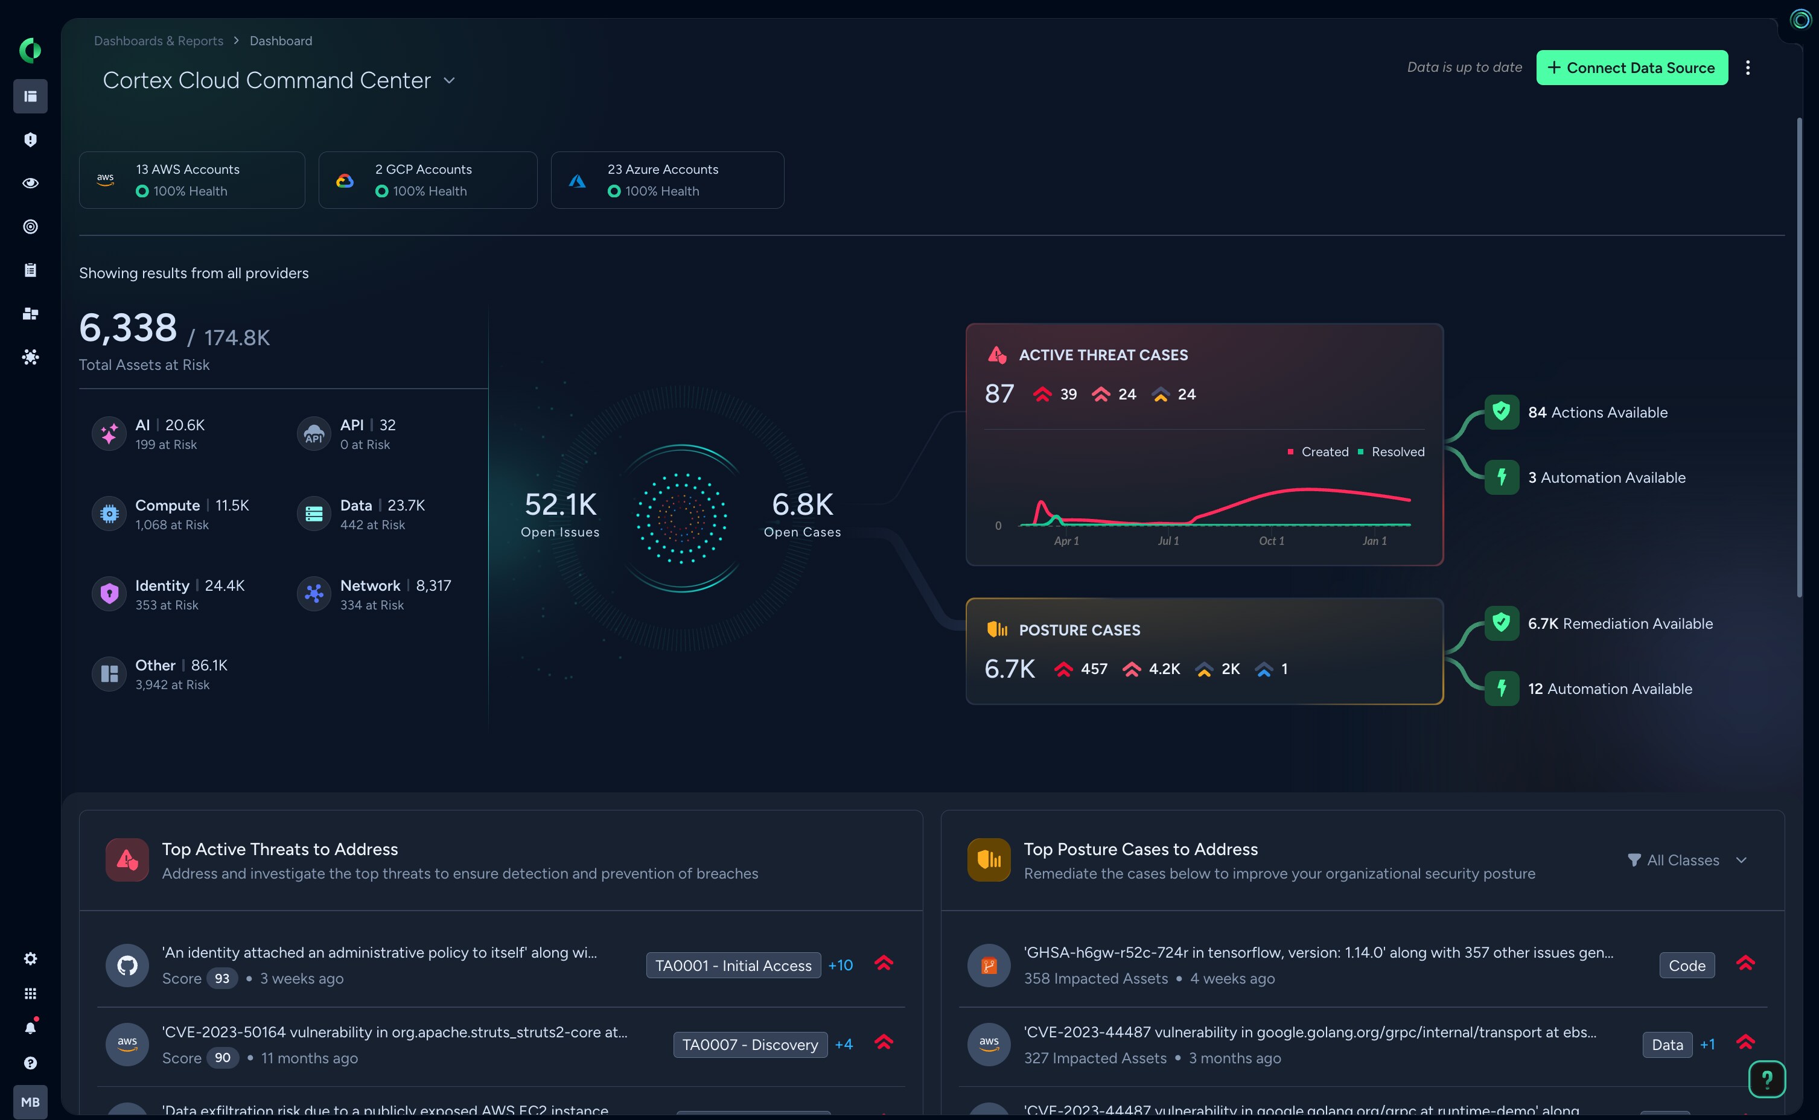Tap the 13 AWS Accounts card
coord(191,180)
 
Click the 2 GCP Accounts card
coord(427,180)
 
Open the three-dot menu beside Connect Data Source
coord(1747,68)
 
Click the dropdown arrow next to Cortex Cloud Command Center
coord(449,81)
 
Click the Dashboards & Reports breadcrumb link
coord(159,41)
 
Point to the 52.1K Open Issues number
coord(560,504)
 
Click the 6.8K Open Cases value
coord(802,504)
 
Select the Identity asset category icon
coord(109,593)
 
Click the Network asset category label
coord(369,585)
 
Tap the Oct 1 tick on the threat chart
coord(1272,541)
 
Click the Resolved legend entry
coord(1397,452)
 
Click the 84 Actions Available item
coord(1597,413)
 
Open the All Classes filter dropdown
coord(1686,860)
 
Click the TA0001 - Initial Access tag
coord(733,965)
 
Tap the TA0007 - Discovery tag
coord(750,1045)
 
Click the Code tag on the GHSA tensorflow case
coord(1686,965)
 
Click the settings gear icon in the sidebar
coord(30,958)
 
